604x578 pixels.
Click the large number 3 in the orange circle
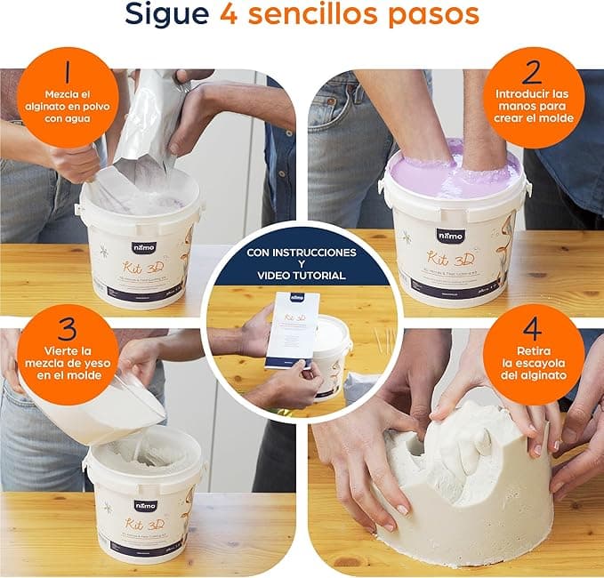68,329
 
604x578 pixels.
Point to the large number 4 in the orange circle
533,329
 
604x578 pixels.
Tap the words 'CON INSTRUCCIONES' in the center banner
302,253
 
